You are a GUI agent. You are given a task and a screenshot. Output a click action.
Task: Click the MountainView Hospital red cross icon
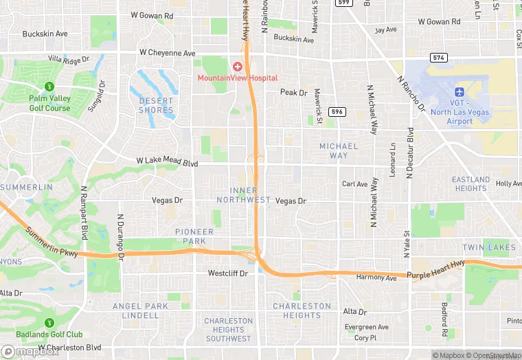pos(238,67)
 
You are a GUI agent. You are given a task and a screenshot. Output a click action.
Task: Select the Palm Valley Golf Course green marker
pos(49,87)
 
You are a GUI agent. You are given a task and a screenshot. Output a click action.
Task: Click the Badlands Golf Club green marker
pos(49,323)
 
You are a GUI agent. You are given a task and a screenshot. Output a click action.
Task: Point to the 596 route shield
pos(336,111)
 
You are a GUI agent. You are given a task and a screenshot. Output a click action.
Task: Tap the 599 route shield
pos(343,3)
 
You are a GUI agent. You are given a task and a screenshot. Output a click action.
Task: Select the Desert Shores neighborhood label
pos(157,105)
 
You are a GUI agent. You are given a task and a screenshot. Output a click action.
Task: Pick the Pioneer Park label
pos(194,236)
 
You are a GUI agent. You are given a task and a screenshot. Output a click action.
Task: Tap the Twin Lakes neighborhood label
pos(488,247)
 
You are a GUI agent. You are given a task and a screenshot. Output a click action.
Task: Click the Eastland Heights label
pos(470,184)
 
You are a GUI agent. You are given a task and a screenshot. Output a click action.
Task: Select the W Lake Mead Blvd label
pos(167,162)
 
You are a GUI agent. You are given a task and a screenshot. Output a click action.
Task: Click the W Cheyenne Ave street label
pos(168,53)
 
